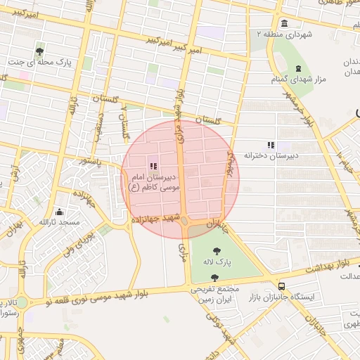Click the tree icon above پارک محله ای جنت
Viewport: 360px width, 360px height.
tap(40, 51)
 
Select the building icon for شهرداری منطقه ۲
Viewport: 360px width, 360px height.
tap(284, 22)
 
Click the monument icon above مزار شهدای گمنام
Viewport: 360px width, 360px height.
tap(300, 68)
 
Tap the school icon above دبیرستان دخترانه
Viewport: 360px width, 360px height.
tap(271, 144)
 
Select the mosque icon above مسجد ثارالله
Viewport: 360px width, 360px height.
tap(59, 212)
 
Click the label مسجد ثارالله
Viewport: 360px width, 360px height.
tap(59, 223)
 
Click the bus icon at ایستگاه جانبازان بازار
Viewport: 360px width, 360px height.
tap(282, 286)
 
